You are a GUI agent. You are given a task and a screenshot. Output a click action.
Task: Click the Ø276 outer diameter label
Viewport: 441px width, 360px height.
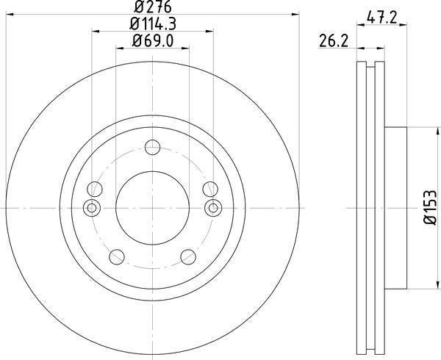tap(152, 7)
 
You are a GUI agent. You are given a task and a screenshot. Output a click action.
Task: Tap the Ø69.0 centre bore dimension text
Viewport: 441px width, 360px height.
tap(152, 42)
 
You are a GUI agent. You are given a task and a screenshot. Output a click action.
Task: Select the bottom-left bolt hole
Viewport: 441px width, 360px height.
tap(115, 256)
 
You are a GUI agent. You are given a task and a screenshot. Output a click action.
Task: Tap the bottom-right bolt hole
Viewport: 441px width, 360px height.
tap(189, 256)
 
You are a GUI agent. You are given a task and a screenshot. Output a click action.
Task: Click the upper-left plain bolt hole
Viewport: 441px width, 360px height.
tap(93, 188)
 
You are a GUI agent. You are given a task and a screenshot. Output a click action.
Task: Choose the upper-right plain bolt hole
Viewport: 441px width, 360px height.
tap(210, 188)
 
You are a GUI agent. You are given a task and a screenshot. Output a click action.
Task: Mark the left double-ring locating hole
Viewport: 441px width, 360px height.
tap(91, 208)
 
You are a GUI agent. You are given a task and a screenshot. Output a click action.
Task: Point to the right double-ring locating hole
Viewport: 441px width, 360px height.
tap(213, 208)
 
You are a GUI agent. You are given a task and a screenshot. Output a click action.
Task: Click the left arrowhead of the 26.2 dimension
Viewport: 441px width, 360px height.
tap(360, 50)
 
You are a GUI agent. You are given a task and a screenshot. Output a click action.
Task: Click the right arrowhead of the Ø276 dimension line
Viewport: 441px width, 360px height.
tap(298, 14)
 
